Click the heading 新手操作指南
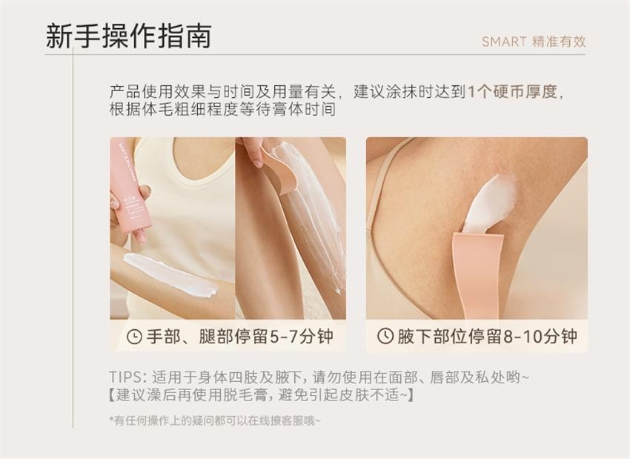[x=128, y=36]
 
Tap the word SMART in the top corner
[x=504, y=42]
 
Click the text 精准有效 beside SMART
[x=559, y=42]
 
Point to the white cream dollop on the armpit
[x=490, y=202]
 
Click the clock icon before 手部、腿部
[x=134, y=337]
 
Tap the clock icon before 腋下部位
[x=385, y=336]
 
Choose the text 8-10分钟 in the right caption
[x=543, y=336]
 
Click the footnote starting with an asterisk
[x=215, y=420]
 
